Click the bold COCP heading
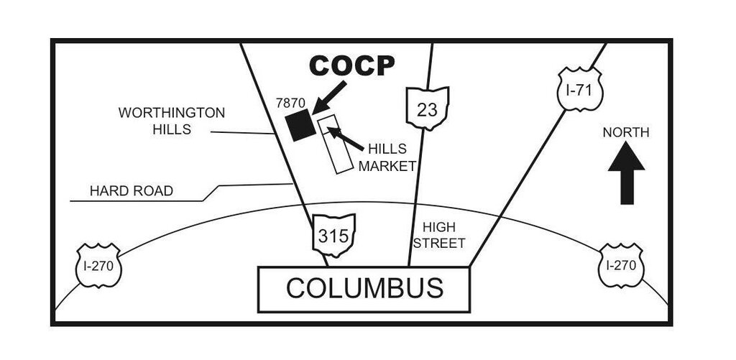[x=352, y=66]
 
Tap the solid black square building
[x=299, y=126]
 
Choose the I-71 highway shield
[x=580, y=89]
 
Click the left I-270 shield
[x=98, y=265]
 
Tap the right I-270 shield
[x=621, y=264]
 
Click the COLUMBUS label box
[x=364, y=289]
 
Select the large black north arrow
[x=626, y=172]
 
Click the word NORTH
[x=625, y=132]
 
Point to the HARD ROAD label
[x=131, y=191]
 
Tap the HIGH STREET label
[x=438, y=235]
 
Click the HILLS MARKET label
[x=387, y=158]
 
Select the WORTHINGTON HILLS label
[x=172, y=121]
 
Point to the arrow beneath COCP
[x=328, y=97]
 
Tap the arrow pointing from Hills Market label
[x=345, y=138]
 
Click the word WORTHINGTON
[x=172, y=113]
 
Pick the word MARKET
[x=387, y=167]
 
